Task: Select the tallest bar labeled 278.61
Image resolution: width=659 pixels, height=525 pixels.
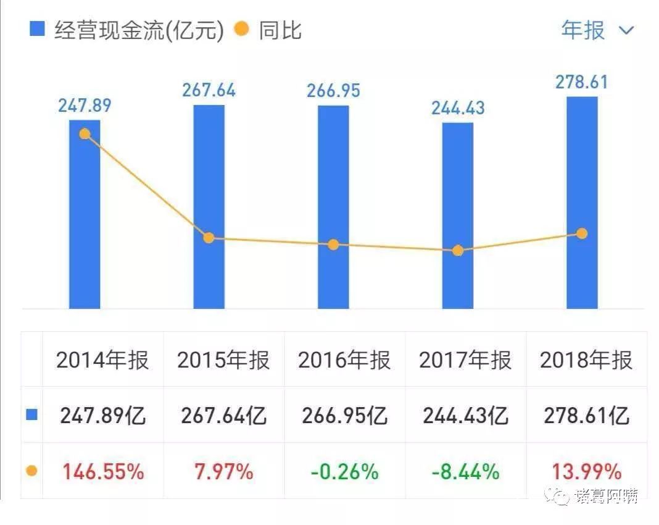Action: click(582, 204)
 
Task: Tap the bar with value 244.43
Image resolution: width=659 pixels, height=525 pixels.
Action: click(458, 216)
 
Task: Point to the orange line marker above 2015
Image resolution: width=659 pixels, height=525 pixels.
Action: click(209, 238)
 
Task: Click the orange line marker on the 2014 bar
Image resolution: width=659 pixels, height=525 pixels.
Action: click(85, 134)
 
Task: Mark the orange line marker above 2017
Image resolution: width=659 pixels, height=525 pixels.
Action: click(458, 250)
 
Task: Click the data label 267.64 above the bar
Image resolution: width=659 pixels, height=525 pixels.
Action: click(209, 90)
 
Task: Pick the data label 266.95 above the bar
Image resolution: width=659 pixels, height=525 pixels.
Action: click(333, 91)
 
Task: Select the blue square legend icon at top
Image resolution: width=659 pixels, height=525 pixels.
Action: click(38, 28)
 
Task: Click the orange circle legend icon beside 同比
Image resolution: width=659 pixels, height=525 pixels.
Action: click(242, 28)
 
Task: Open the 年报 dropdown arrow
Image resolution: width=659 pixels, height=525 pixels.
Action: click(626, 30)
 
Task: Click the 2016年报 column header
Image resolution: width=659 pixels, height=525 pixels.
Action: click(344, 360)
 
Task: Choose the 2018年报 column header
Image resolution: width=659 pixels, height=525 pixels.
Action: click(586, 360)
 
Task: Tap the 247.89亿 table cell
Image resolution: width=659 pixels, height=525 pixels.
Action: click(103, 416)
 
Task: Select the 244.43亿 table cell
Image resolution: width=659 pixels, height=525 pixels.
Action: click(466, 416)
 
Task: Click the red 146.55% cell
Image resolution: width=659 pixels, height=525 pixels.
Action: click(103, 472)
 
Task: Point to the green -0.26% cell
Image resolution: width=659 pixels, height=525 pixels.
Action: click(344, 472)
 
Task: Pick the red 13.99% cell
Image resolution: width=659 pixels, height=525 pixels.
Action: click(586, 472)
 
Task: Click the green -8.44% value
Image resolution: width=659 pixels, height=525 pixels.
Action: click(466, 472)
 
